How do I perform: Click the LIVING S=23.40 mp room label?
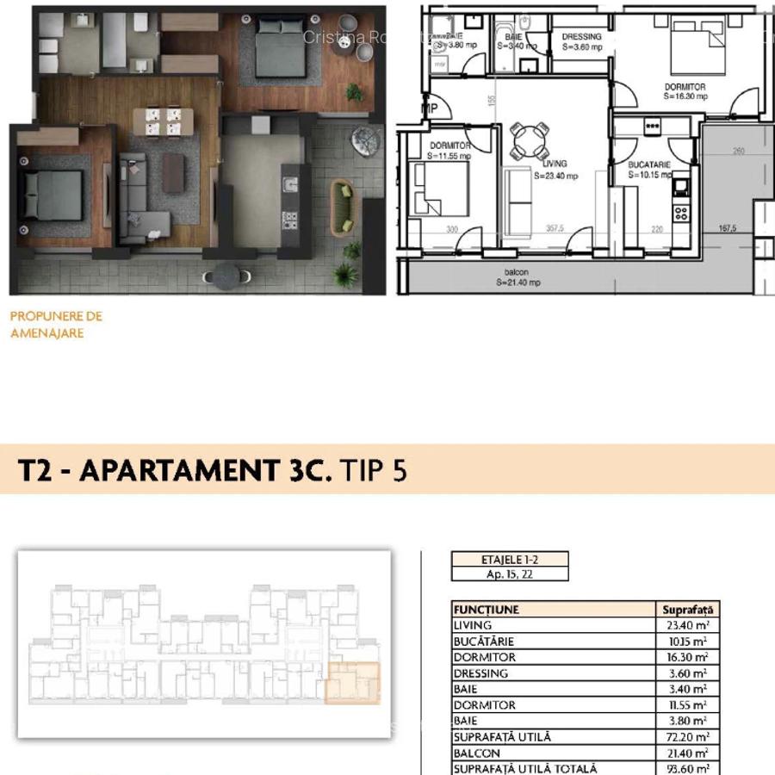coord(555,170)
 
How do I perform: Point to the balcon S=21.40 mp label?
coord(523,277)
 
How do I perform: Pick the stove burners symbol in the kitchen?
coord(681,212)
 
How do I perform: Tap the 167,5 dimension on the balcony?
coord(727,230)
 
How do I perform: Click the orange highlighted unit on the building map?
coord(351,683)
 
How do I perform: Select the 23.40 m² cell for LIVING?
coord(689,626)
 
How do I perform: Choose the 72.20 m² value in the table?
coord(689,737)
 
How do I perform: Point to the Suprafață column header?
coord(688,610)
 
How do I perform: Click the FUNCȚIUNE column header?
coord(487,610)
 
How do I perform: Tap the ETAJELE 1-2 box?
coord(510,559)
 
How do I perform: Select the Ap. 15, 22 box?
coord(510,573)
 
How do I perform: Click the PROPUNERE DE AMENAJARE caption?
coord(56,325)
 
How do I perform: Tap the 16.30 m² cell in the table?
coord(689,658)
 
